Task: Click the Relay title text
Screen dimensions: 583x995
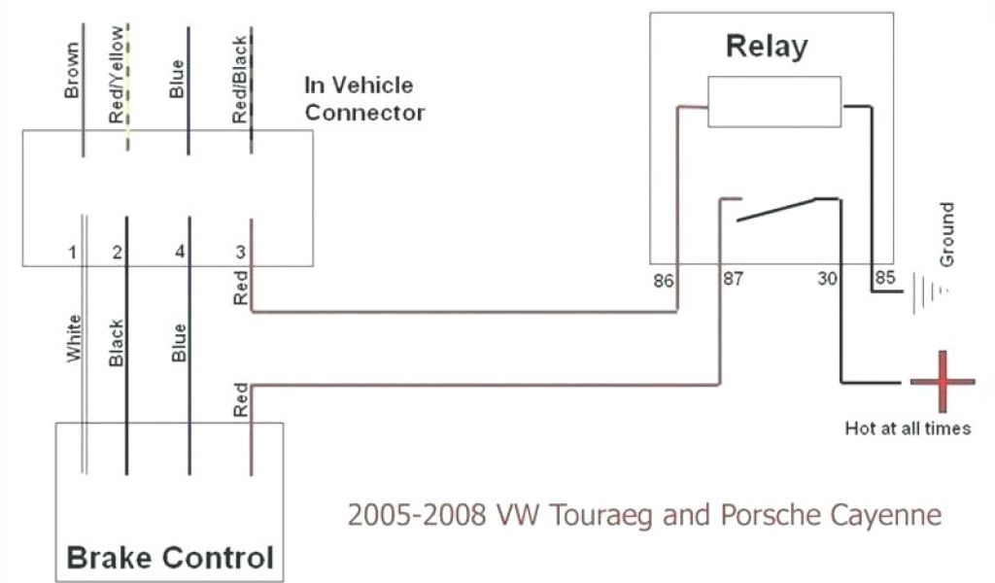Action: pyautogui.click(x=767, y=46)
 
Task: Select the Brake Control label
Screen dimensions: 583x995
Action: pyautogui.click(x=168, y=558)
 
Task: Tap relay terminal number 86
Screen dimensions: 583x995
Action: pyautogui.click(x=664, y=280)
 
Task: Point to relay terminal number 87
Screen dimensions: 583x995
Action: pyautogui.click(x=732, y=280)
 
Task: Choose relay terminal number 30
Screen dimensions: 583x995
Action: pyautogui.click(x=827, y=280)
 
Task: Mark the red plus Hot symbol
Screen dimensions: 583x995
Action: pyautogui.click(x=942, y=381)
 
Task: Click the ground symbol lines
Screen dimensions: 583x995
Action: pyautogui.click(x=928, y=291)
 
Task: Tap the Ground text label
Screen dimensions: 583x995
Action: pyautogui.click(x=947, y=235)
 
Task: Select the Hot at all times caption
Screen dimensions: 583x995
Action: pyautogui.click(x=908, y=428)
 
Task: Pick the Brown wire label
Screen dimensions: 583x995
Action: pyautogui.click(x=72, y=70)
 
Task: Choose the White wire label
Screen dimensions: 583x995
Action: pyautogui.click(x=73, y=339)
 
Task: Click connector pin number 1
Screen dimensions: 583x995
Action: pyautogui.click(x=72, y=254)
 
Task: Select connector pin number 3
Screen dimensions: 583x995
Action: pyautogui.click(x=239, y=254)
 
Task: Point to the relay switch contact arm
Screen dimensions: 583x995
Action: pyautogui.click(x=777, y=209)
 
